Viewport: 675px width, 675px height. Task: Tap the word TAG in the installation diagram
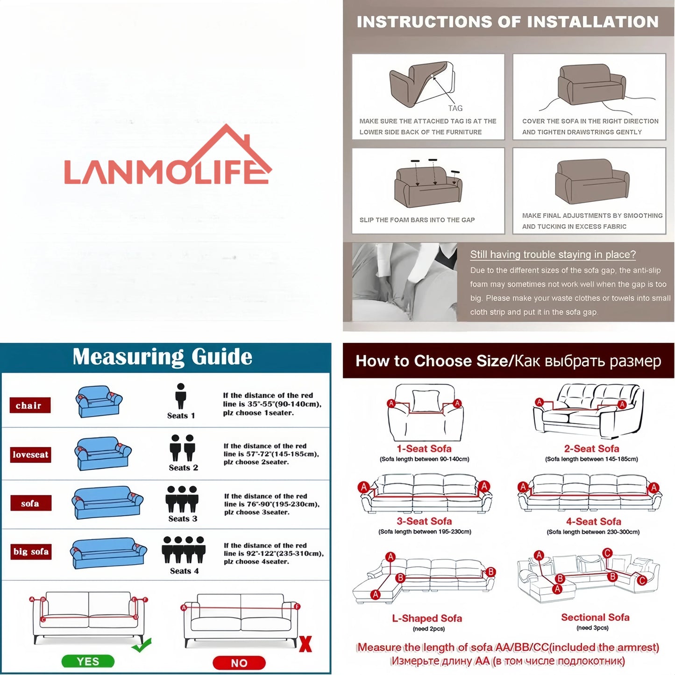point(455,108)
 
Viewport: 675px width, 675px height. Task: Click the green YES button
point(88,661)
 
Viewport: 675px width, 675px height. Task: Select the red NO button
point(239,662)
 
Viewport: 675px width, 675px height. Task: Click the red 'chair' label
point(29,405)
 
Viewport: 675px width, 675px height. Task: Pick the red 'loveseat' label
point(30,455)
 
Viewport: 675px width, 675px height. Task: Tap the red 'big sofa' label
point(31,551)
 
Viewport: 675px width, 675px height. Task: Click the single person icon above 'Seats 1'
point(181,396)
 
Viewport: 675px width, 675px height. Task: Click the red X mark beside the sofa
point(306,644)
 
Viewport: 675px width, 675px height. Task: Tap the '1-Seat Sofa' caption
point(424,448)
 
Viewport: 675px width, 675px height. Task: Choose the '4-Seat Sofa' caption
point(593,521)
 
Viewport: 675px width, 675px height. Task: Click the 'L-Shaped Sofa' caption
point(427,618)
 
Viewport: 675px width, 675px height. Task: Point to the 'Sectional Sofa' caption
point(595,617)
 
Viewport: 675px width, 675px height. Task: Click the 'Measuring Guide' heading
point(163,357)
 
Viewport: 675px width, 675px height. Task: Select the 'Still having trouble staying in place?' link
point(553,255)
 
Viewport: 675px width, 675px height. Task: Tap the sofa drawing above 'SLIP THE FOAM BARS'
point(428,185)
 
